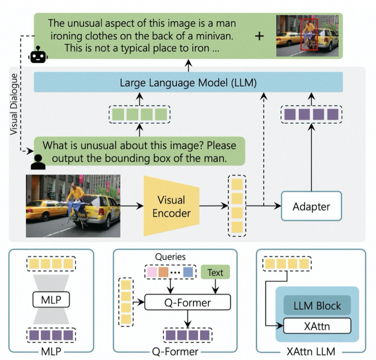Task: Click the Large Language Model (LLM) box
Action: [188, 83]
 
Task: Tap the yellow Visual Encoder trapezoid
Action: [171, 206]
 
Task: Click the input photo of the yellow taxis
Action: [73, 206]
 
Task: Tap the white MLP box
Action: [51, 301]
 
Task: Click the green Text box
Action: [215, 273]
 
